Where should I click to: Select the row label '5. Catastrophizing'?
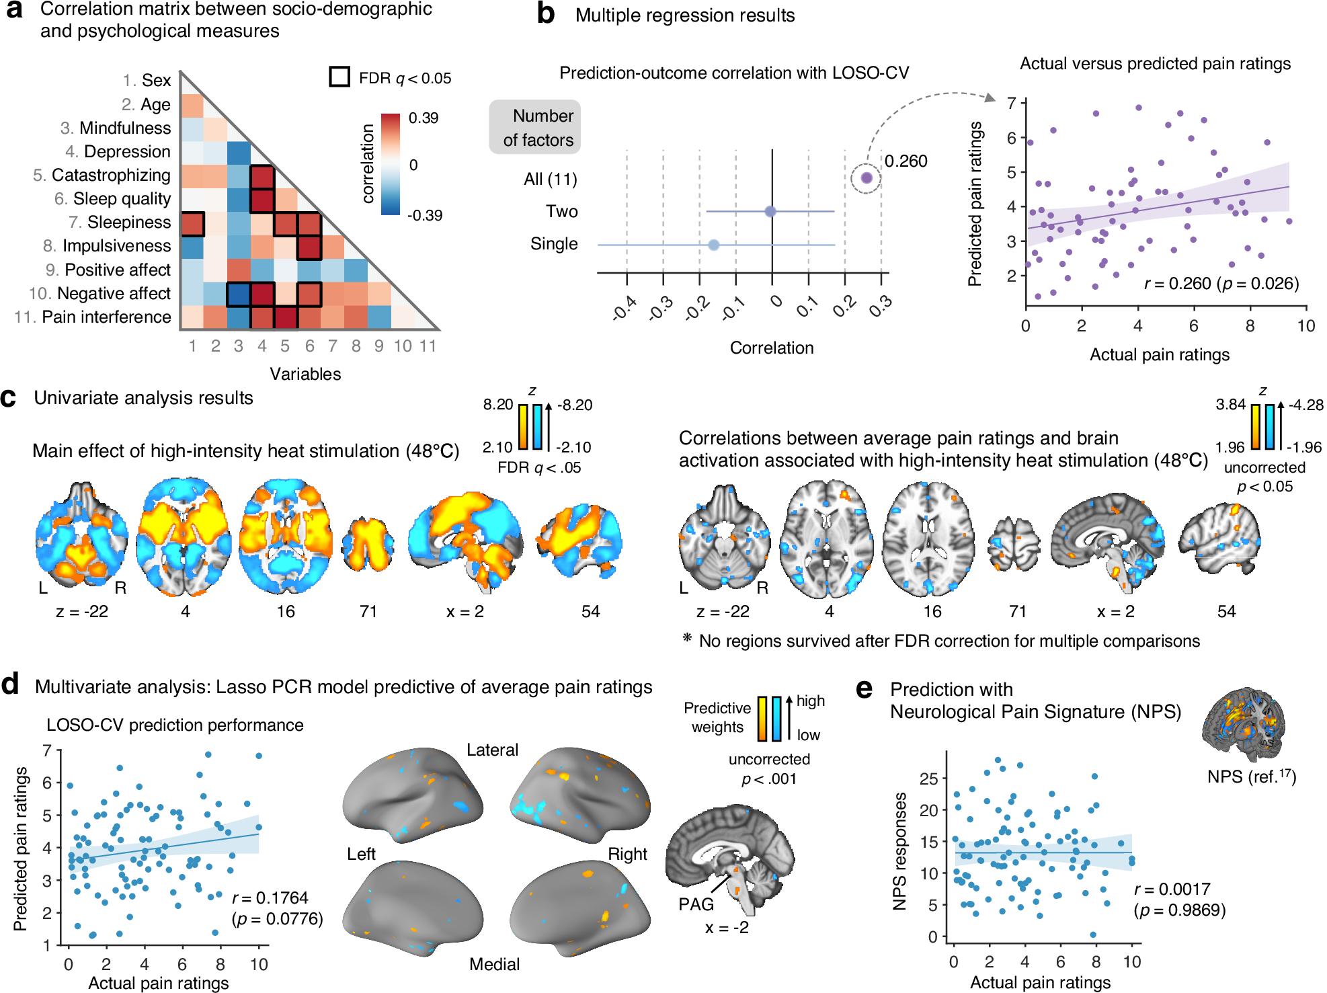[x=102, y=175]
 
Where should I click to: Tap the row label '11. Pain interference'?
[x=93, y=317]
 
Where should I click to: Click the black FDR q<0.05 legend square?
[x=339, y=77]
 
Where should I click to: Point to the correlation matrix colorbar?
[x=390, y=164]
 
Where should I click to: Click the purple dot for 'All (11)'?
[x=867, y=177]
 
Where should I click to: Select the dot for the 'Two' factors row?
[x=770, y=211]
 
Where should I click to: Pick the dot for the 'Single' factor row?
[x=714, y=245]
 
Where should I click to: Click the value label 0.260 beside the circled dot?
[x=906, y=161]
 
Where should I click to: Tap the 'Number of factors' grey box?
[x=535, y=128]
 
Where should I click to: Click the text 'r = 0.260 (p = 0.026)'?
[x=1221, y=283]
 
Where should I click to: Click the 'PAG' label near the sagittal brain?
[x=696, y=904]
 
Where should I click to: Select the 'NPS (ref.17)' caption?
[x=1251, y=777]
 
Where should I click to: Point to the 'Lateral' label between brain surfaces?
[x=493, y=750]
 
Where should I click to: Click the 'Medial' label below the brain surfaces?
[x=494, y=964]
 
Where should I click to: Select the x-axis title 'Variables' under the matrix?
[x=305, y=374]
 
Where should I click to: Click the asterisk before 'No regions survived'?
[x=687, y=637]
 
